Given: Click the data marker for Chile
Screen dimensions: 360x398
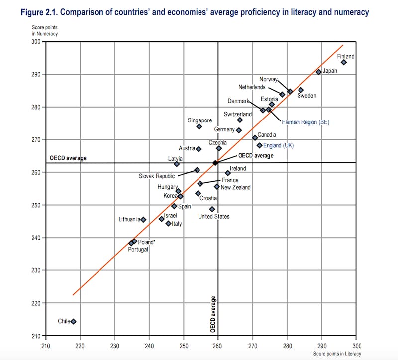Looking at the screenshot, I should point(74,321).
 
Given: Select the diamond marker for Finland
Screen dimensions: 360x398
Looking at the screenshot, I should point(344,62).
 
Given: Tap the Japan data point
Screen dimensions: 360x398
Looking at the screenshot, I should point(319,72).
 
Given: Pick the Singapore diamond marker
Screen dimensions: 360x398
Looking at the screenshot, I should point(199,126).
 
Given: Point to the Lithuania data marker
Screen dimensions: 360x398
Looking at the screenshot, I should point(143,219).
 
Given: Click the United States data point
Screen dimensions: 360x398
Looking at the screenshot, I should point(212,209).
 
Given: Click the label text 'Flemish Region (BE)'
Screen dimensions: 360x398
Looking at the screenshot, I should point(305,122).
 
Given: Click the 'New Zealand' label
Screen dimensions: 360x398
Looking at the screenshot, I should point(236,187).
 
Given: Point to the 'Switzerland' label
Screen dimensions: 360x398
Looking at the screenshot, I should point(238,114).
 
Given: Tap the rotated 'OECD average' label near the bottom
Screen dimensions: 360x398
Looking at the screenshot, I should point(213,314).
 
